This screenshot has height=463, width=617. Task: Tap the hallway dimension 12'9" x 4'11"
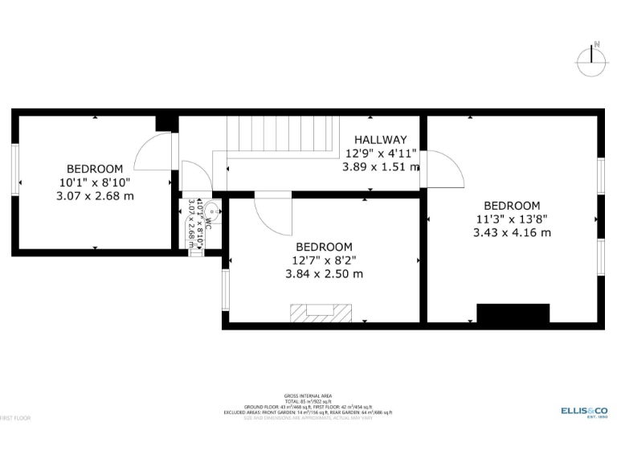coord(381,154)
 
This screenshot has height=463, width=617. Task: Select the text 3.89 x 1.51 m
coord(381,167)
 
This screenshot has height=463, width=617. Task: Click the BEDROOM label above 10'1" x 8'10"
coord(95,169)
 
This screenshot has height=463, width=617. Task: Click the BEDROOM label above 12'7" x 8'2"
coord(324,247)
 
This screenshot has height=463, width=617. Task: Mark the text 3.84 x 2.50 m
coord(324,273)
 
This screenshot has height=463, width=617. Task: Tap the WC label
coord(206,225)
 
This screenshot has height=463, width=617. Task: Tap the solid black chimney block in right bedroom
coord(513,313)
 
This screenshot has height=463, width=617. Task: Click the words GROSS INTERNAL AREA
coord(308,396)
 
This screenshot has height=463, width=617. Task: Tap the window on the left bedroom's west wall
coord(14,169)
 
